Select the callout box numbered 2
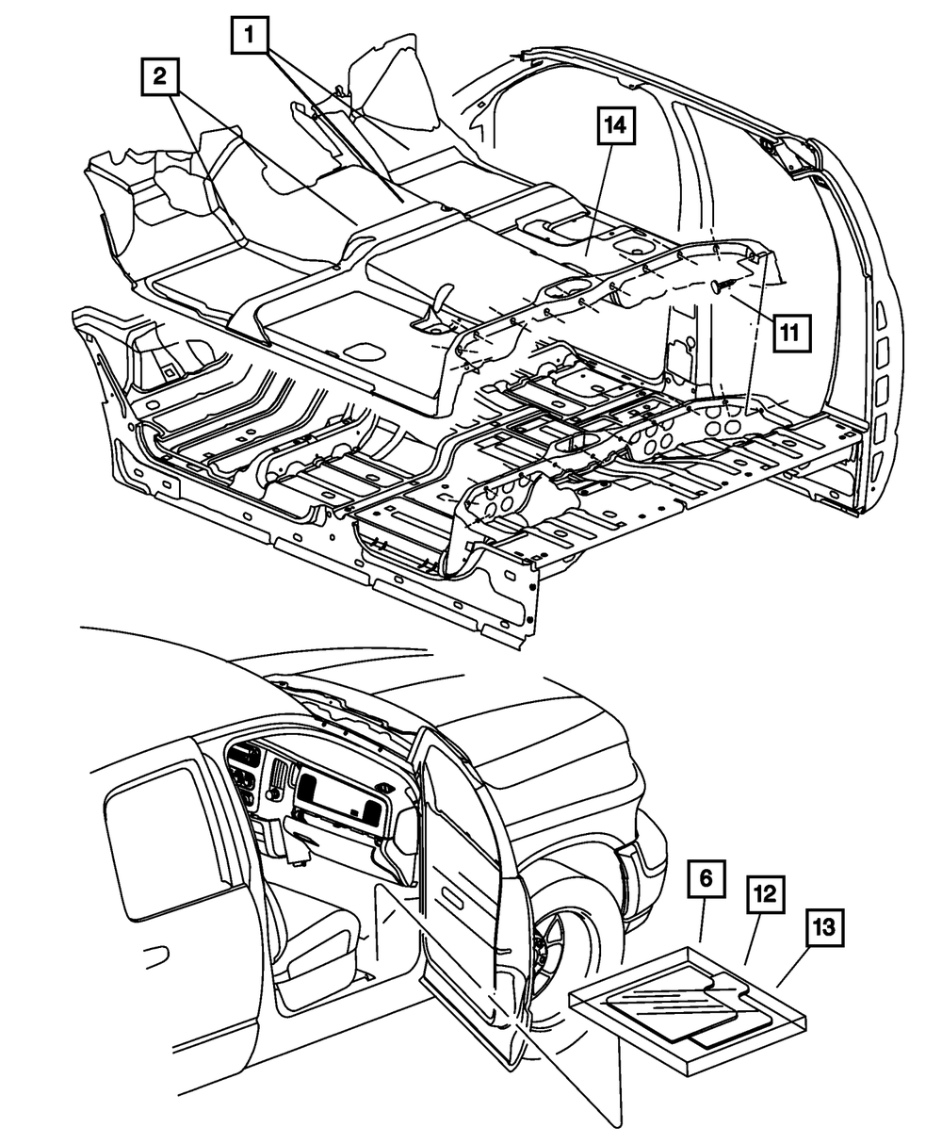(161, 75)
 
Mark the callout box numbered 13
(824, 927)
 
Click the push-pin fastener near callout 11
(723, 286)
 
